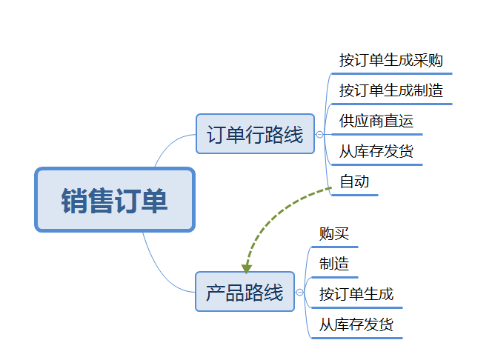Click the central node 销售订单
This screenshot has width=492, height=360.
[115, 199]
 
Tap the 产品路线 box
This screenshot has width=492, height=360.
[245, 292]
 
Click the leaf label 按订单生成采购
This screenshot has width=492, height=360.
[390, 60]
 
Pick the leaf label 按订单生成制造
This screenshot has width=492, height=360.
[390, 90]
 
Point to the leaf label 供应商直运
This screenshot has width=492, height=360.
[376, 121]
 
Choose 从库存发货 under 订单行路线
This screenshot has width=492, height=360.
[376, 152]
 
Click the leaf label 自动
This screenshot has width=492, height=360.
[354, 181]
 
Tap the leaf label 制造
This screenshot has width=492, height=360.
[333, 264]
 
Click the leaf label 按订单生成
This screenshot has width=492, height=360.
[356, 294]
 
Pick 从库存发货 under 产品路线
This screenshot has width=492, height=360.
[356, 324]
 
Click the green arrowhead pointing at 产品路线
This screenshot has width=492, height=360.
[247, 268]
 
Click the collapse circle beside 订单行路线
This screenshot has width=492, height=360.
[319, 134]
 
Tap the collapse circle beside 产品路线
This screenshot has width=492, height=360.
[299, 293]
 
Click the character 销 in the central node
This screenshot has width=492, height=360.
[75, 200]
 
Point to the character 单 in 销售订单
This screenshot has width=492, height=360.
[156, 200]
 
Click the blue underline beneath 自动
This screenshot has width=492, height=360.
[354, 195]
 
